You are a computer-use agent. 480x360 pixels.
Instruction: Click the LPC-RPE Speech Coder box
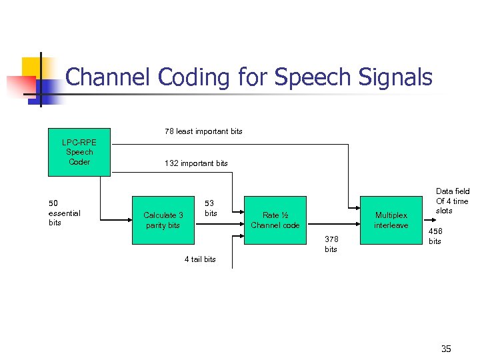[79, 152]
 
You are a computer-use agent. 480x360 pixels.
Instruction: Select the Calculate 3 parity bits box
[163, 220]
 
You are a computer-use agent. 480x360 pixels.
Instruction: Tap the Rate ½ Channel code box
[275, 220]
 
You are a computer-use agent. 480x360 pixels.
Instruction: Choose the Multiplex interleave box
[391, 220]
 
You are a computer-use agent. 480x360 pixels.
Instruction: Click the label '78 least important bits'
[203, 131]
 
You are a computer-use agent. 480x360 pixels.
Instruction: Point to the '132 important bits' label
[196, 163]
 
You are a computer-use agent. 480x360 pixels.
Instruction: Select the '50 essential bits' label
[64, 213]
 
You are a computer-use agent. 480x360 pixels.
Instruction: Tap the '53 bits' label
[211, 208]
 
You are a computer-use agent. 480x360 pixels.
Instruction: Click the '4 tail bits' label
[200, 259]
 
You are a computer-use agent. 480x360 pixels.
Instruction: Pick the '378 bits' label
[331, 244]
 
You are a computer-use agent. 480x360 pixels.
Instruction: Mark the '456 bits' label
[435, 236]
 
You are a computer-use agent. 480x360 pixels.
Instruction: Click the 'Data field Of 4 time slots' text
[452, 201]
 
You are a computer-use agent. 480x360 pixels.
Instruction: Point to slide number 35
[446, 348]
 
